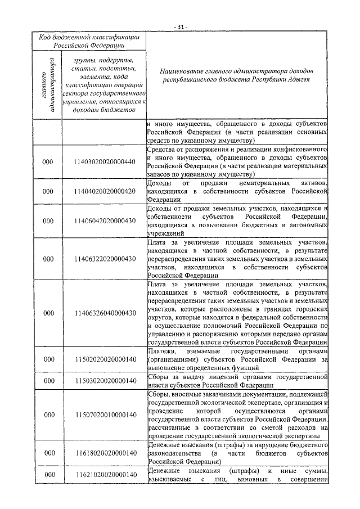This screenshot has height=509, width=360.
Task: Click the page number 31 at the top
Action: (180, 26)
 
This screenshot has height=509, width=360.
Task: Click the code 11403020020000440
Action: (105, 162)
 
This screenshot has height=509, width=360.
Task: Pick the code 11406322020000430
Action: (105, 259)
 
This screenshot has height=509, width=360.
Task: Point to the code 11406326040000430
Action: (105, 313)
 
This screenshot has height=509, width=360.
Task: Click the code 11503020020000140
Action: (105, 381)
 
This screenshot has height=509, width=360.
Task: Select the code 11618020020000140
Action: (105, 453)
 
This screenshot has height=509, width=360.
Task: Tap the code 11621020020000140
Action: (105, 475)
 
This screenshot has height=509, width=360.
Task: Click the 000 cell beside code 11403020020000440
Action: (48, 162)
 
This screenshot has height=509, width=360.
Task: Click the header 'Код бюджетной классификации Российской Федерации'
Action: (89, 40)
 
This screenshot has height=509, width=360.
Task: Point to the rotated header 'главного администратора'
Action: (48, 84)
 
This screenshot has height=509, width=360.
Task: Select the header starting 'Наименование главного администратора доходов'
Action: (235, 76)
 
